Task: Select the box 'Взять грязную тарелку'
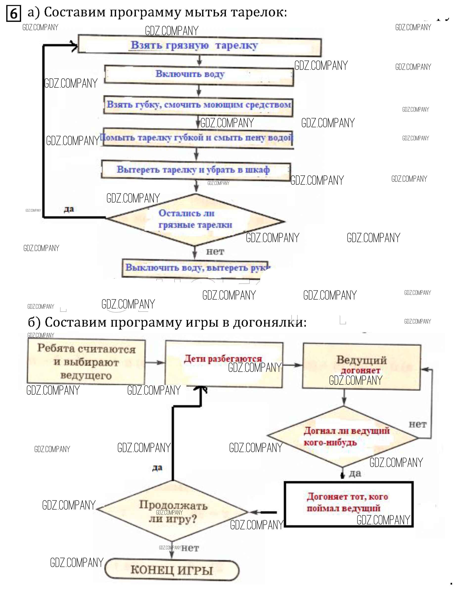pos(200,46)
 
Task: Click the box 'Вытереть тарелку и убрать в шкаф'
pos(196,170)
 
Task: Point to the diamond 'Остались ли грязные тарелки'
pos(195,219)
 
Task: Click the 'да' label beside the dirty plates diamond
pos(69,209)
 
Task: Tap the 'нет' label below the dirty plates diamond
pos(215,252)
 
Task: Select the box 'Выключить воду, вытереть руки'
pos(195,268)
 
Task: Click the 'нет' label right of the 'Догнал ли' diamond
pos(418,424)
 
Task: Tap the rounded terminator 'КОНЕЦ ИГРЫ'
pos(172,570)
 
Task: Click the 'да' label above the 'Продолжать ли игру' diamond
pos(157,468)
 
